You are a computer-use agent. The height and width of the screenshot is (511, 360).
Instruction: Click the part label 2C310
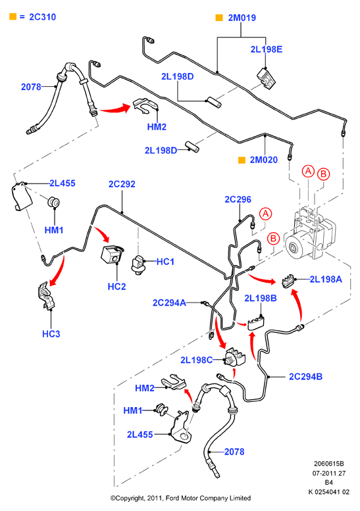[42, 17]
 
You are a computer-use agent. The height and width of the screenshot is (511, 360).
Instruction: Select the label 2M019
[242, 18]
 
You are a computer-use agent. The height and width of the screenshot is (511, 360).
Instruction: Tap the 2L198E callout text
[267, 49]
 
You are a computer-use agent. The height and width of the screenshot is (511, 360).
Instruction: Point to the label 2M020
[264, 160]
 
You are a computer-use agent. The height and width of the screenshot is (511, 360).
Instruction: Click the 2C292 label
[122, 184]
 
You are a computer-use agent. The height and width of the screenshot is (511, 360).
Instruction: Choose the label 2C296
[238, 199]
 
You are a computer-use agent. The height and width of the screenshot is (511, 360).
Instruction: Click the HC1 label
[165, 262]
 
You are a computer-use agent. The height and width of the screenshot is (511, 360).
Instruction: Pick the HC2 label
[116, 287]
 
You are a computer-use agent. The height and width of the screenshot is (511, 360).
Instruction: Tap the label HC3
[51, 333]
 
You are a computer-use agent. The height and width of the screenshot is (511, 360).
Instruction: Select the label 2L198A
[326, 279]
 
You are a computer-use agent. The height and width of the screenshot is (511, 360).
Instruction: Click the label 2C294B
[306, 376]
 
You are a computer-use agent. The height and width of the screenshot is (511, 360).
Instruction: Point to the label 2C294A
[169, 303]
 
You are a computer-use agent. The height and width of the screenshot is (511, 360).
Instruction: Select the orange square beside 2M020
[242, 160]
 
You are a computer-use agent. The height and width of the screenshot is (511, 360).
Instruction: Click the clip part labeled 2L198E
[267, 79]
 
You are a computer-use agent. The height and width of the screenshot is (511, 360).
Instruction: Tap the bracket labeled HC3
[47, 295]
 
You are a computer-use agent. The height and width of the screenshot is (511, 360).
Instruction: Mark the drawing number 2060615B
[328, 464]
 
